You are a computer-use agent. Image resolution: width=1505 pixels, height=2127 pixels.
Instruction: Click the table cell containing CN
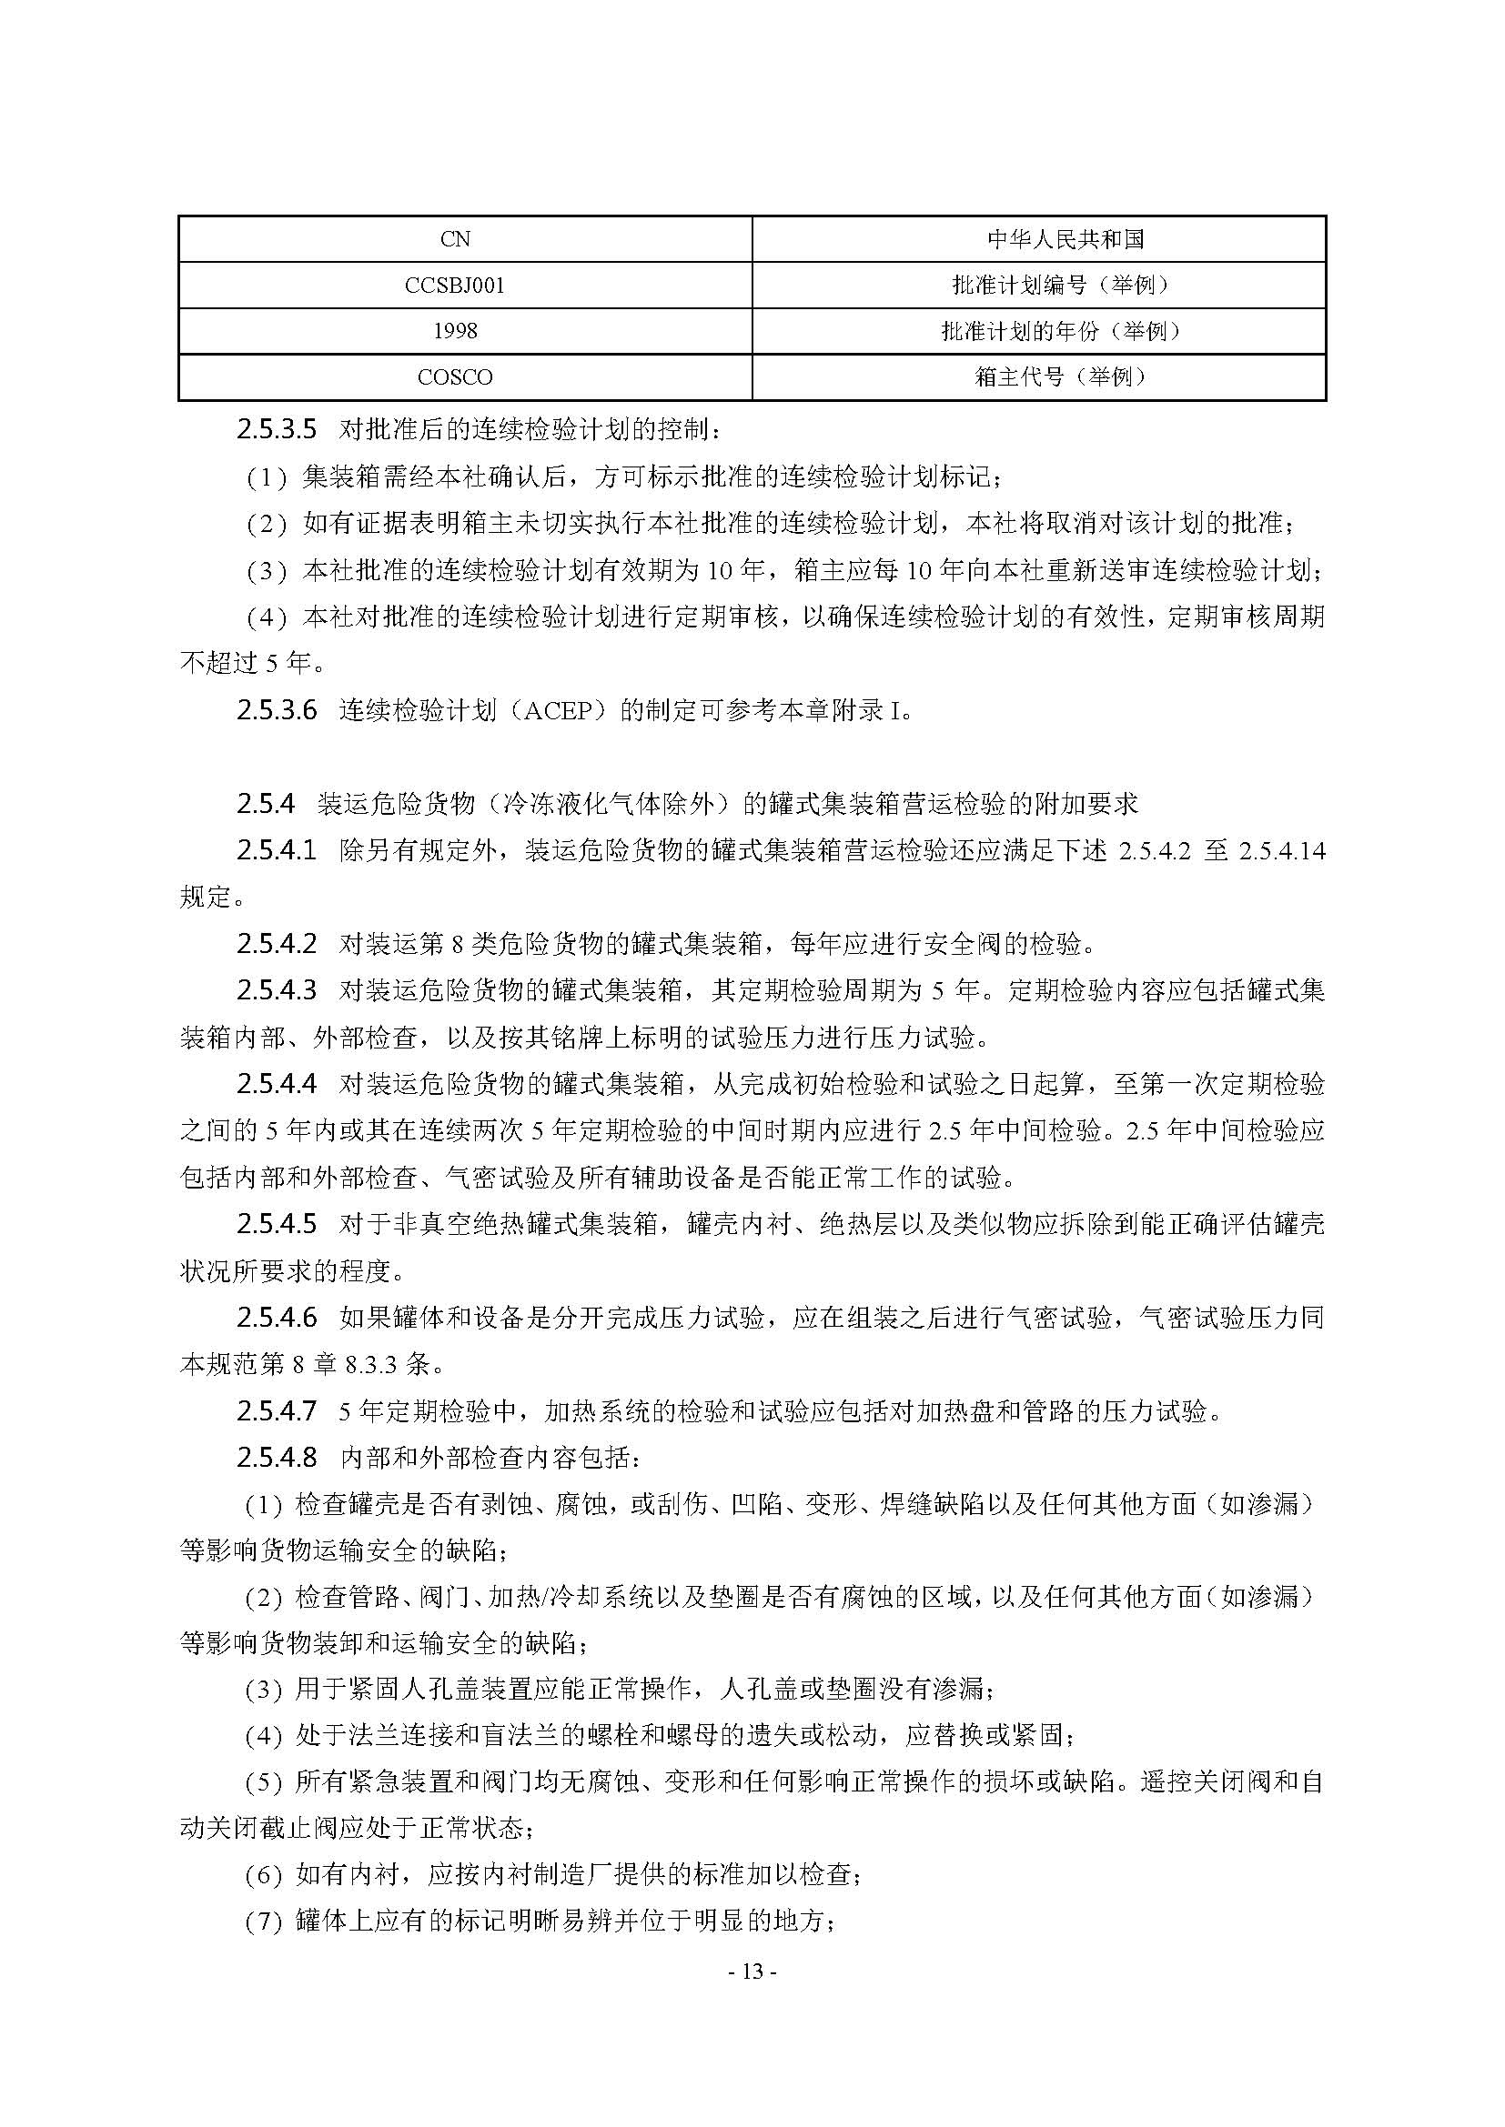pyautogui.click(x=455, y=239)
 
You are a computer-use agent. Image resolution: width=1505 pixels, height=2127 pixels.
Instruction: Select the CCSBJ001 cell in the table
pyautogui.click(x=455, y=286)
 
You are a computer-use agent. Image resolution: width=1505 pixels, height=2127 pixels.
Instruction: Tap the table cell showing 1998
pyautogui.click(x=455, y=331)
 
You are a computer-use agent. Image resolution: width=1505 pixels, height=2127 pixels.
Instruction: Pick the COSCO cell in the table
pyautogui.click(x=455, y=377)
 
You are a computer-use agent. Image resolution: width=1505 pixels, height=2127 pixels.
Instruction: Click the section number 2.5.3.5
pyautogui.click(x=277, y=430)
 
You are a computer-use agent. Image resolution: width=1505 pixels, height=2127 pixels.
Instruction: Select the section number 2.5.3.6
pyautogui.click(x=277, y=710)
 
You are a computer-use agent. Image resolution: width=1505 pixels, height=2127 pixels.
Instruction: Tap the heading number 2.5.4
pyautogui.click(x=265, y=804)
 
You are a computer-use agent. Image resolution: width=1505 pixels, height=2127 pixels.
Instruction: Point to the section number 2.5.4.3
pyautogui.click(x=277, y=990)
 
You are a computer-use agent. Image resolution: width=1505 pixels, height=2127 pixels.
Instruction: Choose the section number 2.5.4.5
pyautogui.click(x=277, y=1224)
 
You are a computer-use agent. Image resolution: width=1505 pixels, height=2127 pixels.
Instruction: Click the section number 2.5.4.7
pyautogui.click(x=277, y=1411)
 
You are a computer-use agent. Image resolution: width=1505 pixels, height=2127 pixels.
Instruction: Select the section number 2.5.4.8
pyautogui.click(x=277, y=1457)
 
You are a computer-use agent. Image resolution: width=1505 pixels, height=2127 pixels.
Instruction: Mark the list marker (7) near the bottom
pyautogui.click(x=263, y=1922)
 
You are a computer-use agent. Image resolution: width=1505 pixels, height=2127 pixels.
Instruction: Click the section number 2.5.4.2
pyautogui.click(x=277, y=944)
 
